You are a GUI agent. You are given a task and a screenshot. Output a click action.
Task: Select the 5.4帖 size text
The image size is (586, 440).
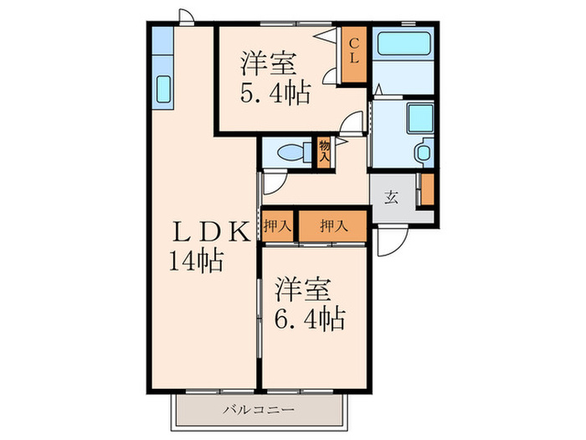click(274, 91)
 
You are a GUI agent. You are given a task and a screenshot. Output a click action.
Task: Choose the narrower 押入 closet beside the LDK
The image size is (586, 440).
click(276, 225)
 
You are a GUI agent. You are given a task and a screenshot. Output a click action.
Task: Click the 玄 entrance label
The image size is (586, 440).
click(391, 198)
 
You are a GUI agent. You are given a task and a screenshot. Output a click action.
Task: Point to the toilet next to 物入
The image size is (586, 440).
click(289, 153)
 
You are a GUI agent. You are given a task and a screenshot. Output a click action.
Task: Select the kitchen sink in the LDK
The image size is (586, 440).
click(163, 88)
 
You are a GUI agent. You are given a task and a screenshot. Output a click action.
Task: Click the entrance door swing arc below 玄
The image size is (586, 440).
click(388, 243)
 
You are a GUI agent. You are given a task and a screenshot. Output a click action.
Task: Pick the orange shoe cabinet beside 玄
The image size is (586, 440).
click(427, 189)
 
